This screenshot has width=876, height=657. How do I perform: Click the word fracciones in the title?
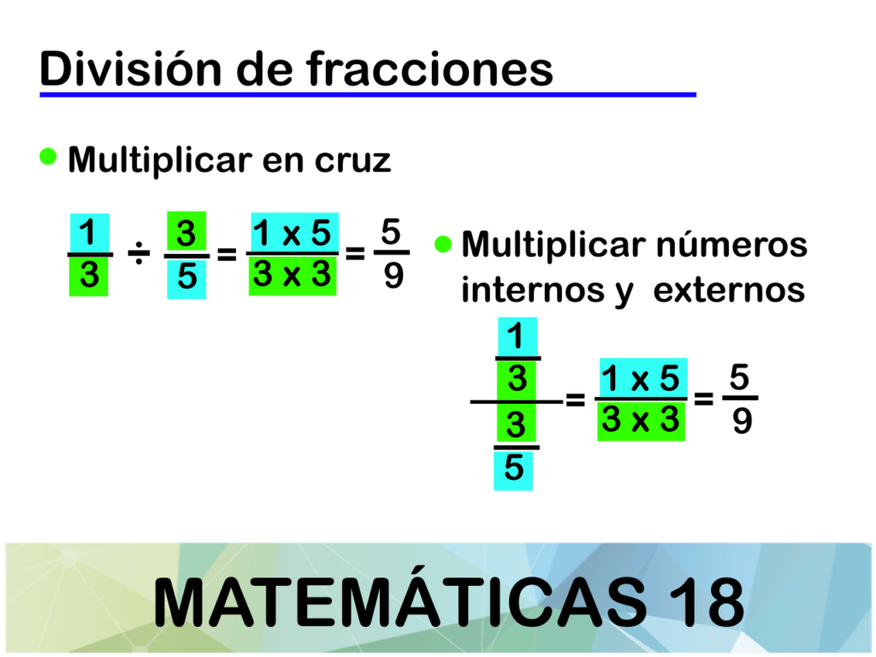[x=429, y=68]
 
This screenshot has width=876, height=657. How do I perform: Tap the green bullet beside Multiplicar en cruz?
[x=49, y=157]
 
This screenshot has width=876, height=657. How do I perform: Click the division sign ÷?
[x=139, y=255]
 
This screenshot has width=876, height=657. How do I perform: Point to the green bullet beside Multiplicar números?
[x=442, y=244]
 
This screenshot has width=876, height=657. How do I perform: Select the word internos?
[x=532, y=290]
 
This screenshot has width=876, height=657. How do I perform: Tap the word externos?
[x=729, y=291]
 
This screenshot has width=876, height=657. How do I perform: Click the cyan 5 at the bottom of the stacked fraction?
[x=513, y=470]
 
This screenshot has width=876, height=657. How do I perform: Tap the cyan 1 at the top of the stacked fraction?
[x=518, y=336]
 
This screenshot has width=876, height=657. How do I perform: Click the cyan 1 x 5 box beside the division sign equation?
[x=294, y=233]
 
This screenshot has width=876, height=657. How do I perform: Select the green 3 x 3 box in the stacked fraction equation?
[x=642, y=421]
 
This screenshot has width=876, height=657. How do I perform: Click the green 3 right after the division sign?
[x=186, y=232]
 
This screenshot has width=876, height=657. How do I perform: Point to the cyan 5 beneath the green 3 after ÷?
[x=186, y=278]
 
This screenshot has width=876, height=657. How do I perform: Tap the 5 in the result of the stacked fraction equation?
[x=739, y=377]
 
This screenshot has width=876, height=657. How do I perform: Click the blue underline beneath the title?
[x=368, y=95]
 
